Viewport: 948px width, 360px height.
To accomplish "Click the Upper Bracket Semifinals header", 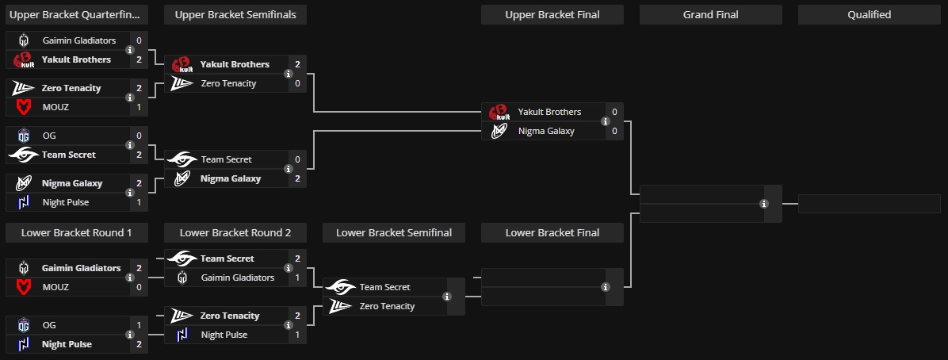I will (x=235, y=14).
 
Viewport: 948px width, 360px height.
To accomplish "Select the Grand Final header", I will (x=710, y=14).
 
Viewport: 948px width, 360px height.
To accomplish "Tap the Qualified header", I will (x=869, y=14).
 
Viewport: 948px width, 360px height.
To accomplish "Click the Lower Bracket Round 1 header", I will (x=76, y=232).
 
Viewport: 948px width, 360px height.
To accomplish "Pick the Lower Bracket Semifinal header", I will (x=393, y=232).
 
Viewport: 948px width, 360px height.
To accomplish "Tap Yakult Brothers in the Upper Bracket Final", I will (x=549, y=112).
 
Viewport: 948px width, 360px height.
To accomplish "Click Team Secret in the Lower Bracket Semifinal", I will (x=384, y=287).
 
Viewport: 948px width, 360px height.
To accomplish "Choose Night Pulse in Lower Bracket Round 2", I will (x=224, y=335).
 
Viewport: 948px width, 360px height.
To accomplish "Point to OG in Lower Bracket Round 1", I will (x=49, y=325).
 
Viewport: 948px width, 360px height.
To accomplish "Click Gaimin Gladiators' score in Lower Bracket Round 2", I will (x=297, y=278).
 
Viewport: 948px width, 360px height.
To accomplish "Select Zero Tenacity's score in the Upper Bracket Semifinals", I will (x=297, y=83).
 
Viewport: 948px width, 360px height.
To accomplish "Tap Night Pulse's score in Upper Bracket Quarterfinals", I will (x=139, y=202).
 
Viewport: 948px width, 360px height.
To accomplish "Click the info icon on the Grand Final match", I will (x=764, y=204).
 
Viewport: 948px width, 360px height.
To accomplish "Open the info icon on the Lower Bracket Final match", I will (x=606, y=287).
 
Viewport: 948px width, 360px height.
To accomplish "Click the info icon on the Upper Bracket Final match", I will (x=606, y=121).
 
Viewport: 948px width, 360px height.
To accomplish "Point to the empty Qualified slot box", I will (x=869, y=204).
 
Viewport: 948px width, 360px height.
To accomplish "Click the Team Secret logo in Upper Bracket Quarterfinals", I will (x=24, y=155).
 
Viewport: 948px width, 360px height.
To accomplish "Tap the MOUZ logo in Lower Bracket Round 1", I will (x=24, y=287).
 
